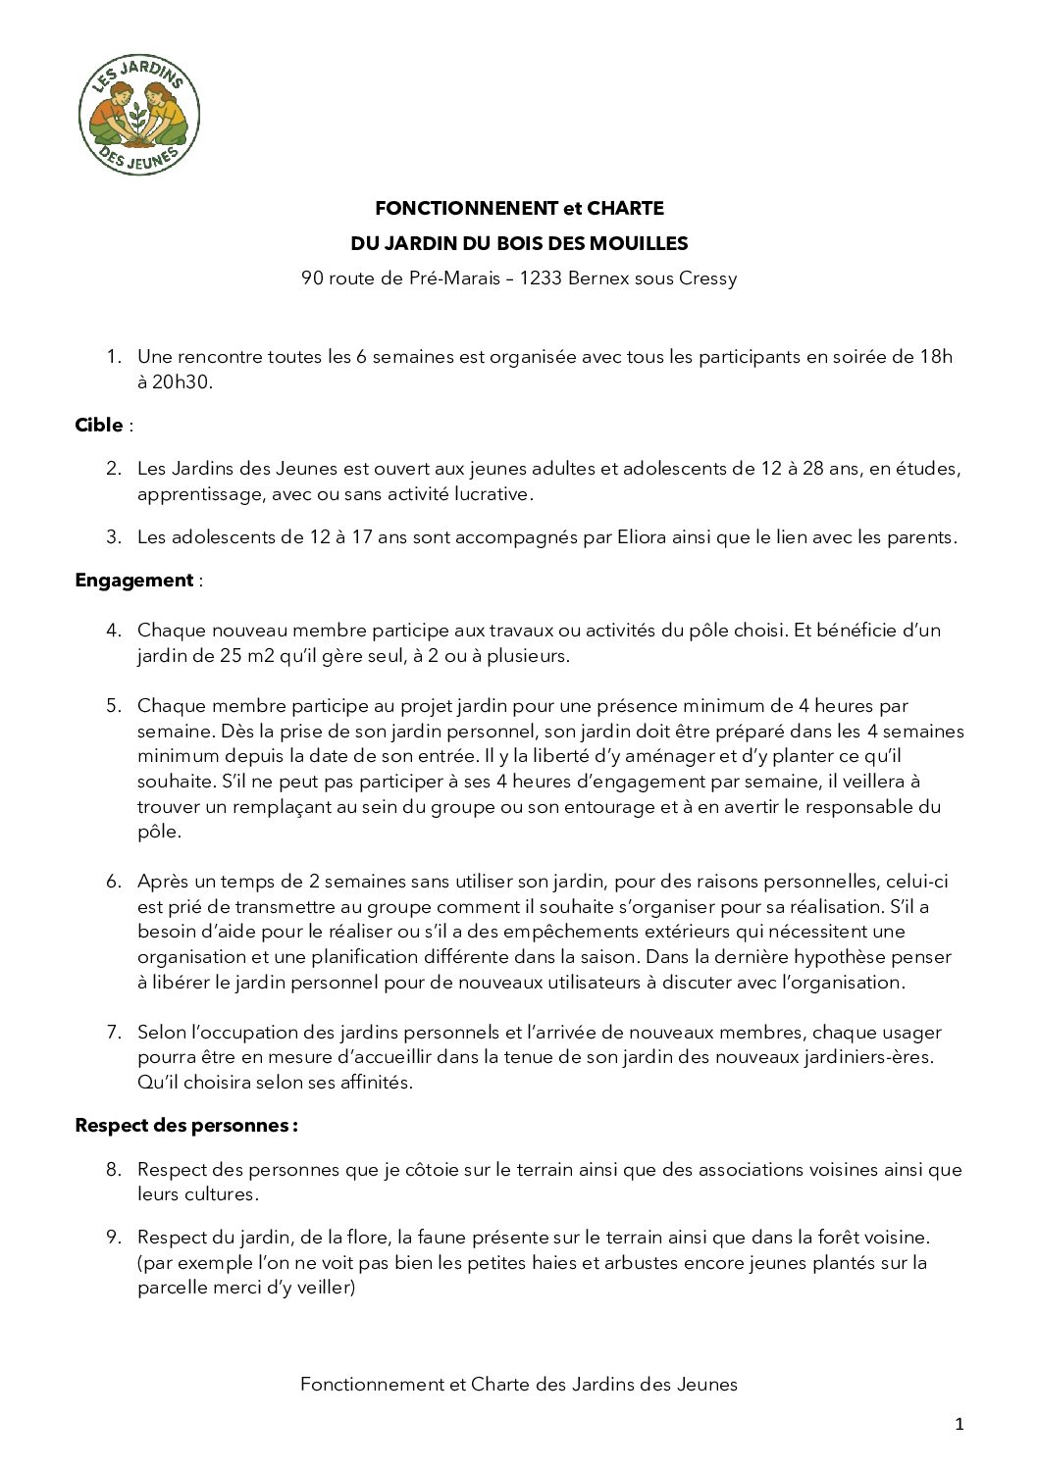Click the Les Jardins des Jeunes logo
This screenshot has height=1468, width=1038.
[x=138, y=115]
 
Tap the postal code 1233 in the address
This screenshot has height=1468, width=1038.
[x=540, y=278]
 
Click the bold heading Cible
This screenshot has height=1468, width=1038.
[x=99, y=426]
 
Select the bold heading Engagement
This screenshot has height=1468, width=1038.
[x=134, y=581]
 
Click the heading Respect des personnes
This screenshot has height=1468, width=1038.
[x=185, y=1126]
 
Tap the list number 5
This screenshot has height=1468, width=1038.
[x=114, y=706]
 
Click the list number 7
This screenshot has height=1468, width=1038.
[x=114, y=1033]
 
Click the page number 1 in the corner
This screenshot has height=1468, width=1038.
[x=960, y=1425]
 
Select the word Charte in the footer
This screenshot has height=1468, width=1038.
[x=500, y=1385]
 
